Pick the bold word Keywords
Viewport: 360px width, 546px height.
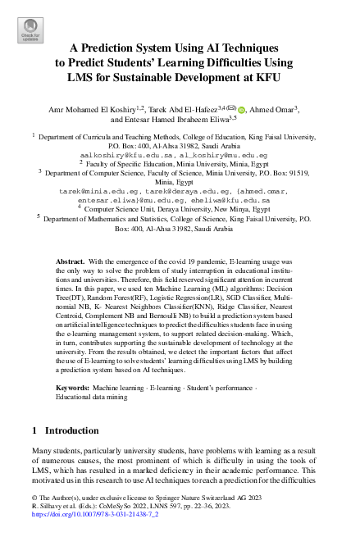75,385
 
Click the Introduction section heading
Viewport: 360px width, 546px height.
70,430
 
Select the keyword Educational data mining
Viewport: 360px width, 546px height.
93,396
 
